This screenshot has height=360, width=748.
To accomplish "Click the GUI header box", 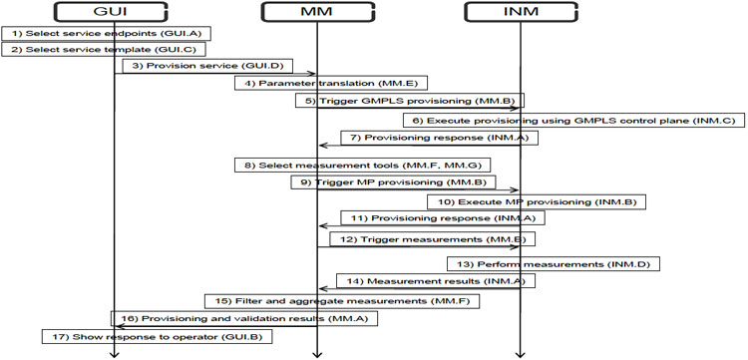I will pyautogui.click(x=115, y=12).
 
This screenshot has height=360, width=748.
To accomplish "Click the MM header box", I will pyautogui.click(x=316, y=12).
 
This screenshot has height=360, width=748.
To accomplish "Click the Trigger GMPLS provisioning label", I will pyautogui.click(x=409, y=100).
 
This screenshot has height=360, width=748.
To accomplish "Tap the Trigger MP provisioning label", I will pyautogui.click(x=394, y=181).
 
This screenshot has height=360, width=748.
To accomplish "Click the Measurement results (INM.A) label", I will pyautogui.click(x=430, y=281).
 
